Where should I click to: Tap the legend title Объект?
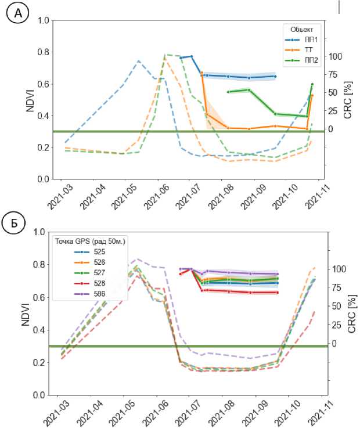pyautogui.click(x=301, y=28)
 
